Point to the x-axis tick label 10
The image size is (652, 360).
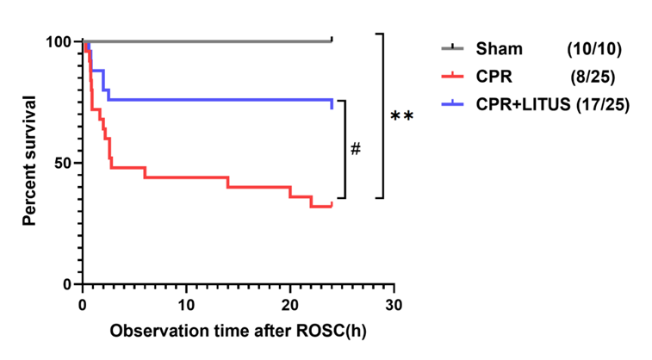tap(186, 306)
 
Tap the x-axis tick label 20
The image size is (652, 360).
tap(290, 306)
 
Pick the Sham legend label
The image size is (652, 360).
tap(500, 50)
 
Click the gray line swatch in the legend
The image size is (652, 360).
tap(453, 50)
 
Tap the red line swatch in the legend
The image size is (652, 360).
tap(453, 78)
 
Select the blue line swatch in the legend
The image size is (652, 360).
tap(453, 104)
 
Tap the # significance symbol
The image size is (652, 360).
tap(355, 149)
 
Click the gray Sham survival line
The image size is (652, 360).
tap(207, 40)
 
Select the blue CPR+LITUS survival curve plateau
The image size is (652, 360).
tap(215, 100)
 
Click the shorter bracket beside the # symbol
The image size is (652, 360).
tap(344, 149)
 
